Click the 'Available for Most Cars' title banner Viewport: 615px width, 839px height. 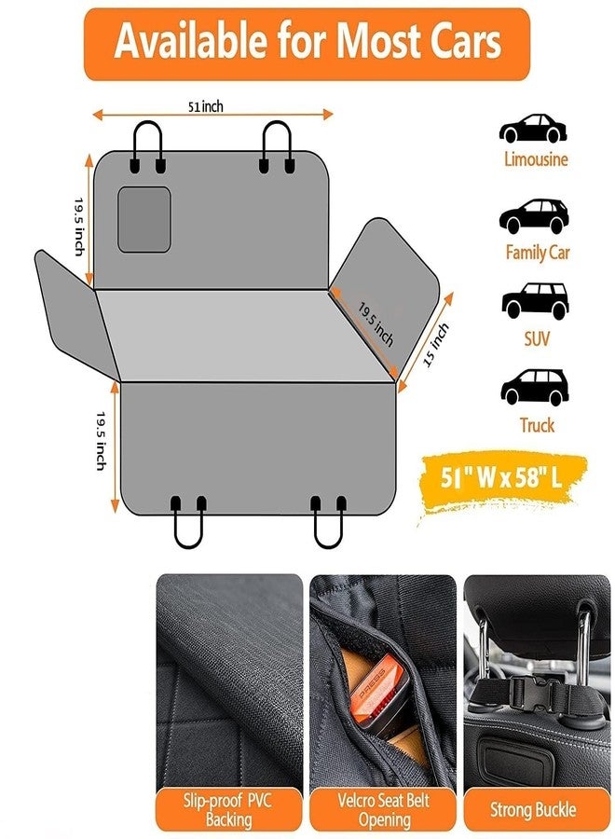pyautogui.click(x=307, y=44)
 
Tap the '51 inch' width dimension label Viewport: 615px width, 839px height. pyautogui.click(x=205, y=107)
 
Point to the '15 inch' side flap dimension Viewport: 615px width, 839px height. pyautogui.click(x=436, y=345)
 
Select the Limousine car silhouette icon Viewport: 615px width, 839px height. pyautogui.click(x=533, y=128)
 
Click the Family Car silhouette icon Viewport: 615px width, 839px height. pyautogui.click(x=534, y=216)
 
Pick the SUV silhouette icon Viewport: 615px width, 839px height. pyautogui.click(x=535, y=301)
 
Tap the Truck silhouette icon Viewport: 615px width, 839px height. pyautogui.click(x=534, y=386)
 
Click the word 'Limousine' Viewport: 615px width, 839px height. pyautogui.click(x=536, y=159)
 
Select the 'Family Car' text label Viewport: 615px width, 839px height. pyautogui.click(x=538, y=253)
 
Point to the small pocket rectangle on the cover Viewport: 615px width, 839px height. pyautogui.click(x=143, y=219)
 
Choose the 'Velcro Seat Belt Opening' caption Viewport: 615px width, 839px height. pyautogui.click(x=383, y=810)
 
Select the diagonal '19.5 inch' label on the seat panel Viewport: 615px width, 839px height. pyautogui.click(x=376, y=324)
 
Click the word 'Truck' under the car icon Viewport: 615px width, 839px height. pyautogui.click(x=537, y=425)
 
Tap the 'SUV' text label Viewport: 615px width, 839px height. pyautogui.click(x=537, y=339)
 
